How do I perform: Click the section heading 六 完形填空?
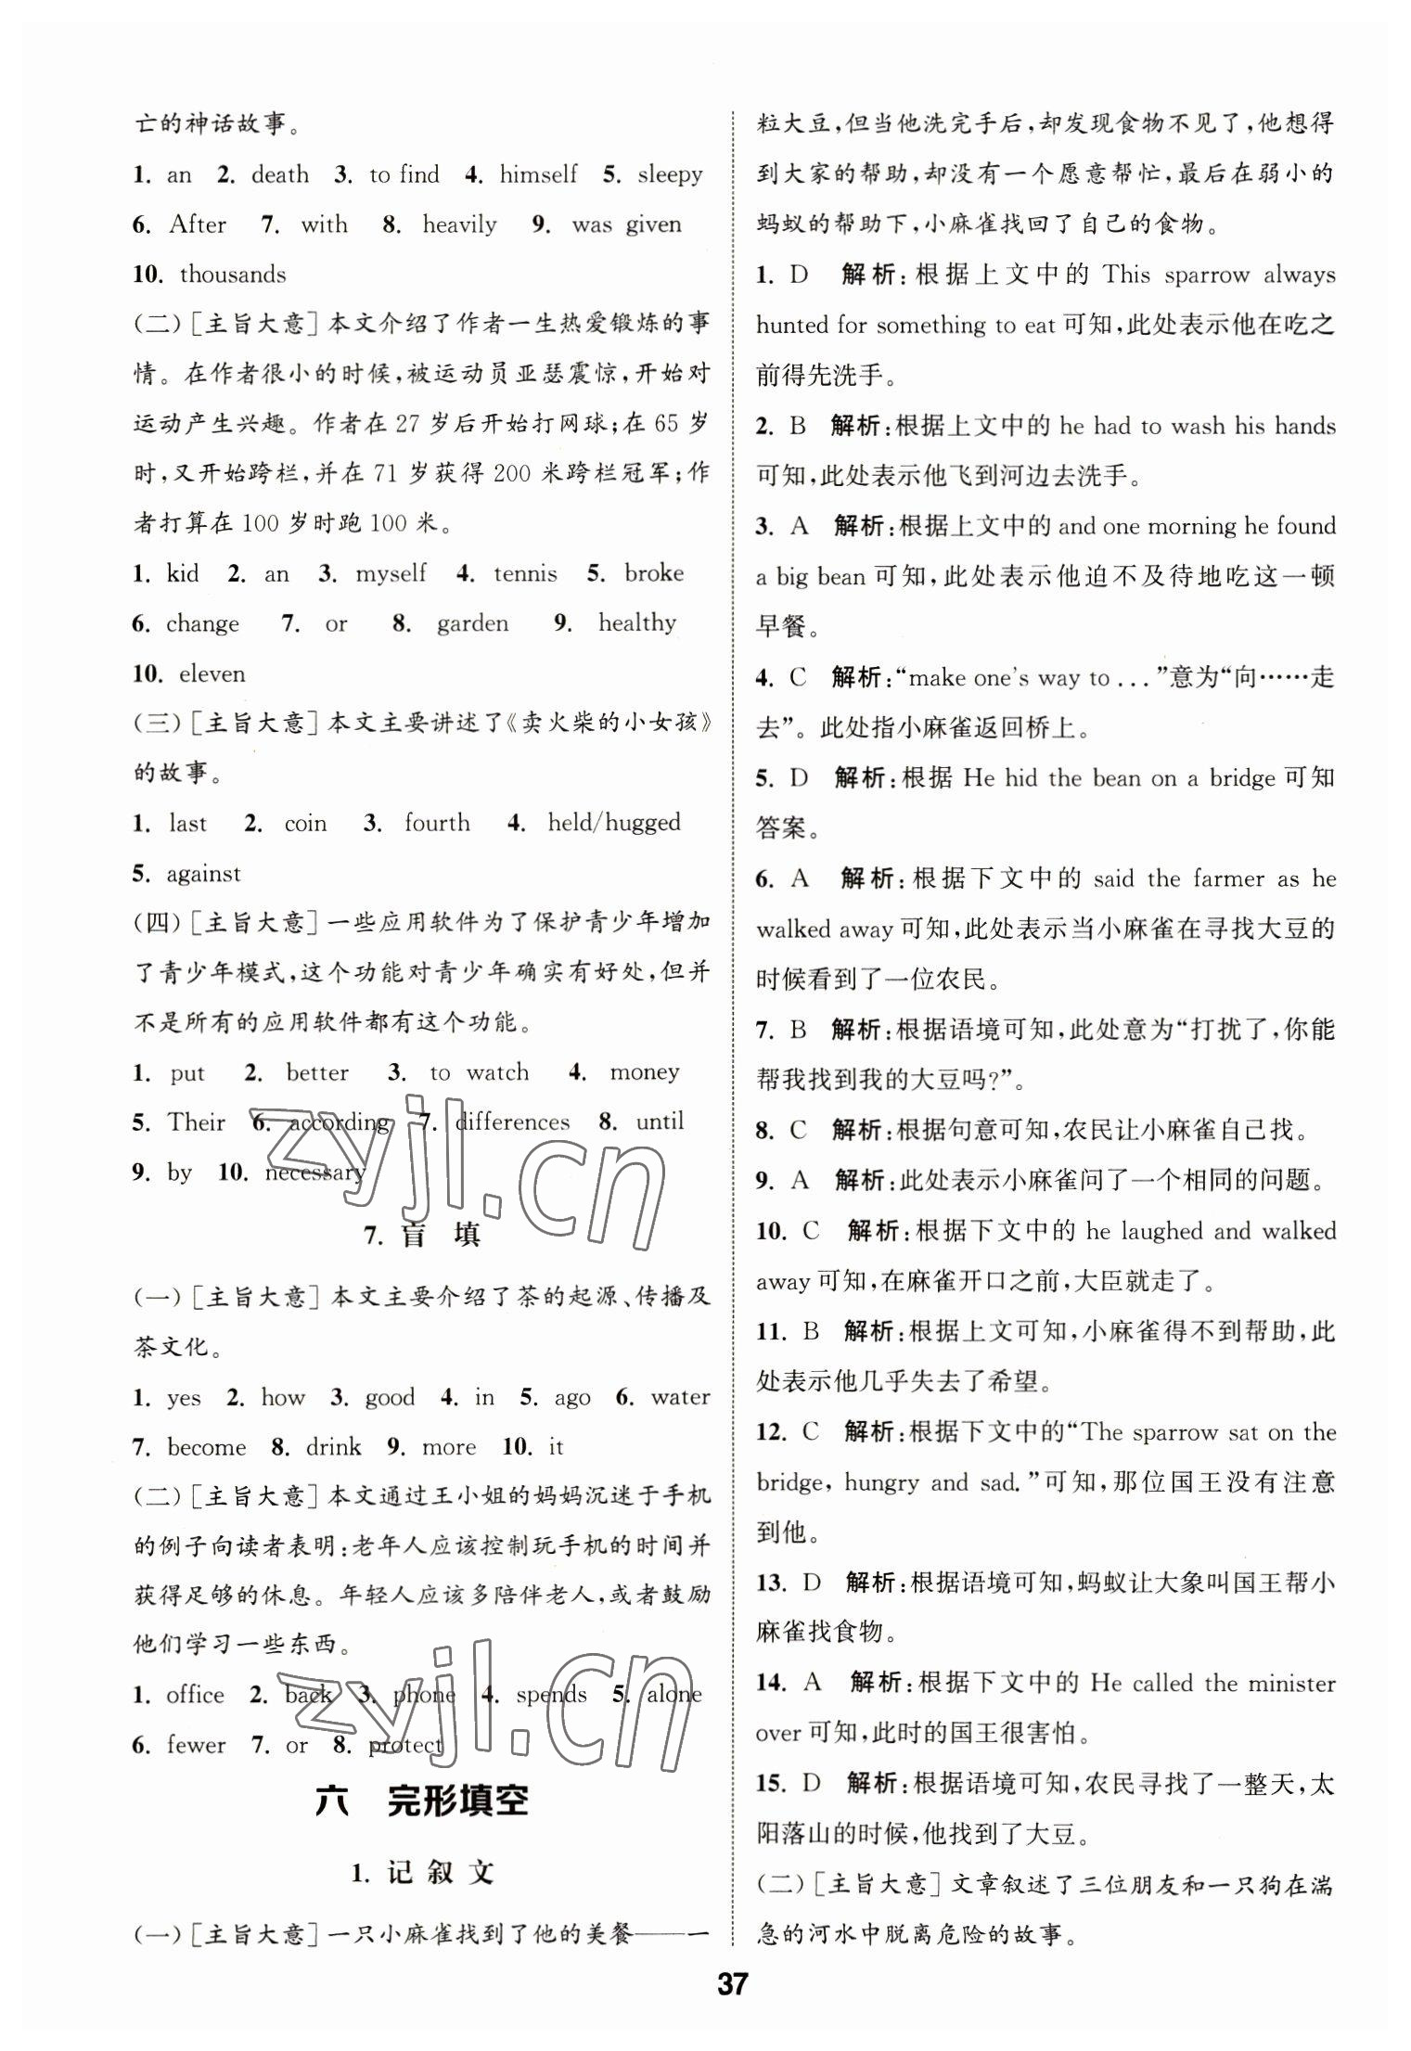point(422,1801)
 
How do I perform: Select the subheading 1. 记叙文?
point(422,1873)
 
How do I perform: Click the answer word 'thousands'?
point(233,275)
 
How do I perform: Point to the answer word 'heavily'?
point(459,224)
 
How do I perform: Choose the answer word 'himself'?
point(538,174)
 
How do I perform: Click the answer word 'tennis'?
point(525,574)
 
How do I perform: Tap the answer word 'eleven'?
point(212,674)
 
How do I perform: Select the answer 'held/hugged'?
point(614,824)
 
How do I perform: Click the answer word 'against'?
point(203,875)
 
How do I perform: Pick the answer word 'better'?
point(317,1073)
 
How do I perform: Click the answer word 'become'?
point(207,1447)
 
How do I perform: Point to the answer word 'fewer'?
point(196,1745)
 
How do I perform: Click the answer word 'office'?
point(195,1695)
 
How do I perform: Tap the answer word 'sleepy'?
point(670,174)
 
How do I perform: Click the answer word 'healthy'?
point(637,623)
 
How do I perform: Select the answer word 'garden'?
point(472,623)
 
